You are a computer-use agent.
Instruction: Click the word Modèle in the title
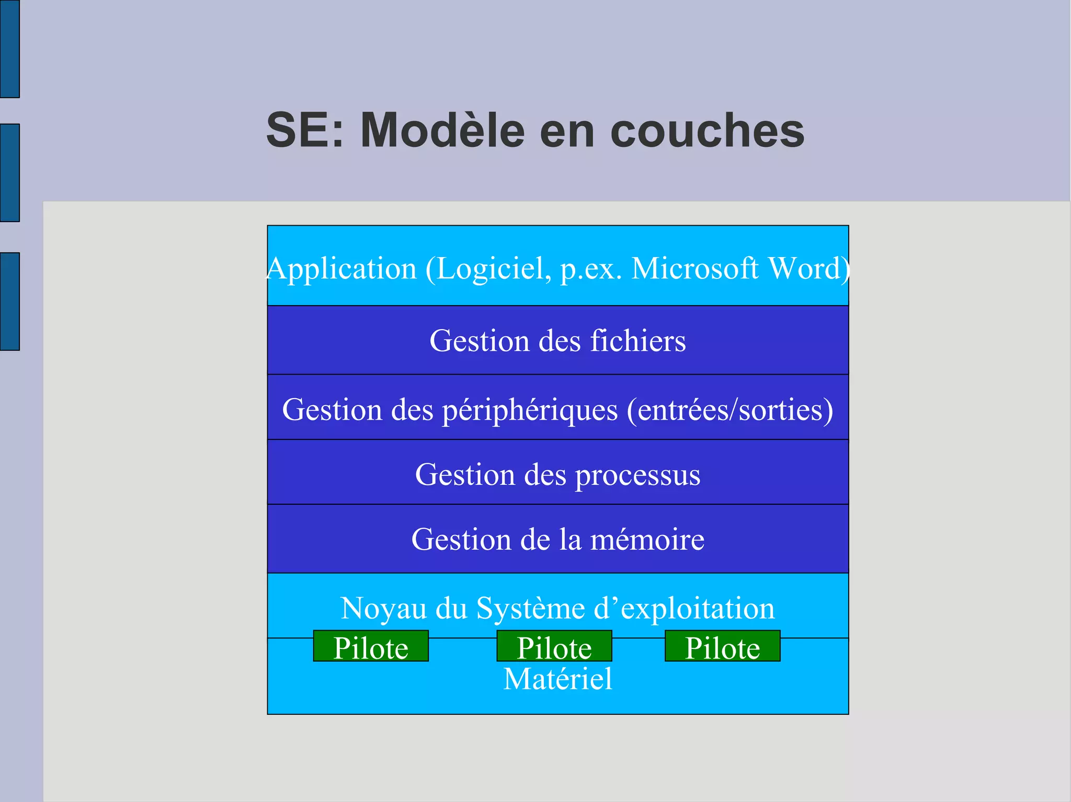(x=442, y=130)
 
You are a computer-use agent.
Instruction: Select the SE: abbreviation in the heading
(x=305, y=130)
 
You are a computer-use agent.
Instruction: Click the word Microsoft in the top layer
(x=695, y=269)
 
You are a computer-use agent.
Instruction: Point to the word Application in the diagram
(x=341, y=269)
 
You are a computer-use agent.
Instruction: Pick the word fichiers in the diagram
(x=638, y=341)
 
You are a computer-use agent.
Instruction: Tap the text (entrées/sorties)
(x=730, y=410)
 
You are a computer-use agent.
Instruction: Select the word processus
(x=638, y=475)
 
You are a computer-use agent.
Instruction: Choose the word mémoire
(x=647, y=540)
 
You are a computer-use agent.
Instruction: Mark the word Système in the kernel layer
(x=530, y=609)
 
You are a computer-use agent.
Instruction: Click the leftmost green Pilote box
(x=371, y=647)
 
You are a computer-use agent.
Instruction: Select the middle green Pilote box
(x=554, y=647)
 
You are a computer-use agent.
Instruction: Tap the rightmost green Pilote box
(x=723, y=647)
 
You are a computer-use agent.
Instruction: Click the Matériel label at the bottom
(x=557, y=679)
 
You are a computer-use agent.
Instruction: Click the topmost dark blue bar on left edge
(x=9, y=49)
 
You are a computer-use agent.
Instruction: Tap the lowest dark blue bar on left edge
(x=9, y=301)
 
